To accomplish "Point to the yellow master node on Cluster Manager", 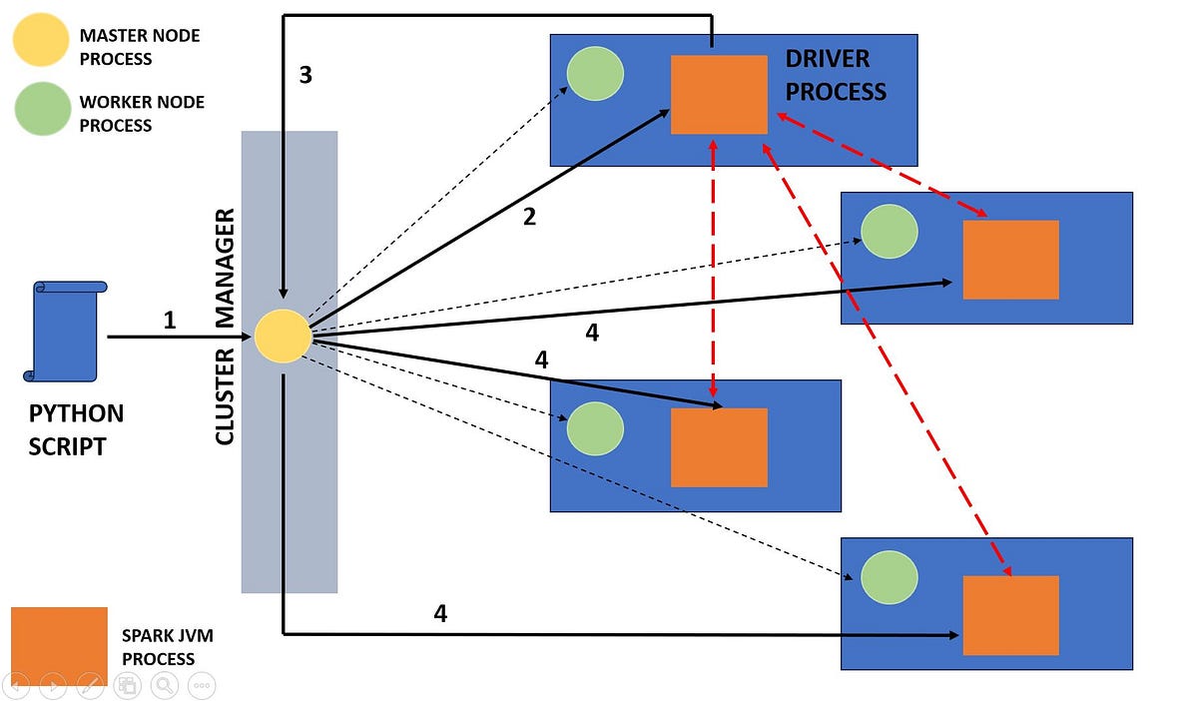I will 284,337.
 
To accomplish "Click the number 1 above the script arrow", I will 170,321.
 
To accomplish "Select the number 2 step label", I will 529,216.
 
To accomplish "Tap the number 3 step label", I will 305,76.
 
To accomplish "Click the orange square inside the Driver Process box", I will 719,95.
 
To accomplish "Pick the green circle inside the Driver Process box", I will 595,74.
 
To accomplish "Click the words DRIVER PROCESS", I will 836,76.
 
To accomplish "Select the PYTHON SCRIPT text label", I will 76,429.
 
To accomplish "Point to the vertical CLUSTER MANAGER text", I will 226,326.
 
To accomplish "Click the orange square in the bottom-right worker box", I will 1010,615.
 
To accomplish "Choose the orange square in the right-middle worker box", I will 1010,260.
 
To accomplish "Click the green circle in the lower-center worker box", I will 595,428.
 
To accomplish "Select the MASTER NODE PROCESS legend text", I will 140,47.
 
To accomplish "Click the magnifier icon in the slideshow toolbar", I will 164,685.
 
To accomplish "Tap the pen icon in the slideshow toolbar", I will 90,685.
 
